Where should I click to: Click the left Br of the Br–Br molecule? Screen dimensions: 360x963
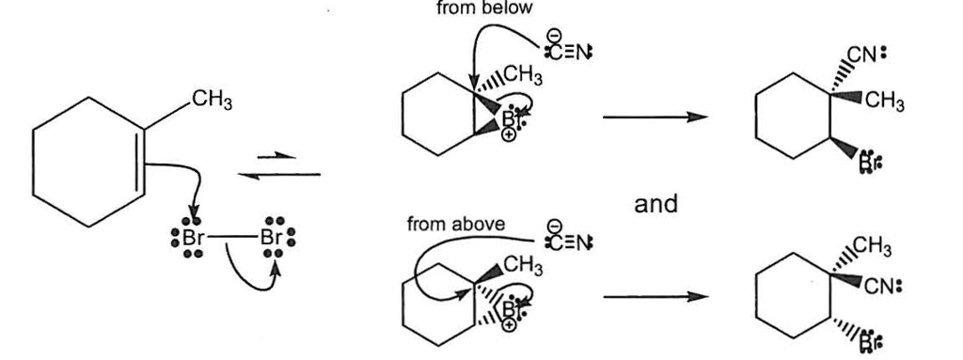pyautogui.click(x=192, y=239)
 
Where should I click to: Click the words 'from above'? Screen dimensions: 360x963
pyautogui.click(x=455, y=225)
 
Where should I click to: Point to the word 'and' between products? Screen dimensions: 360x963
pyautogui.click(x=655, y=203)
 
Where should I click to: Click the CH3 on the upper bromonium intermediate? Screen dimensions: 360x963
pyautogui.click(x=523, y=74)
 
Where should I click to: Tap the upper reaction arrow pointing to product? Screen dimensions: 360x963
pyautogui.click(x=654, y=117)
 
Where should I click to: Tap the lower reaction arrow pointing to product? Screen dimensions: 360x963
pyautogui.click(x=654, y=297)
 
